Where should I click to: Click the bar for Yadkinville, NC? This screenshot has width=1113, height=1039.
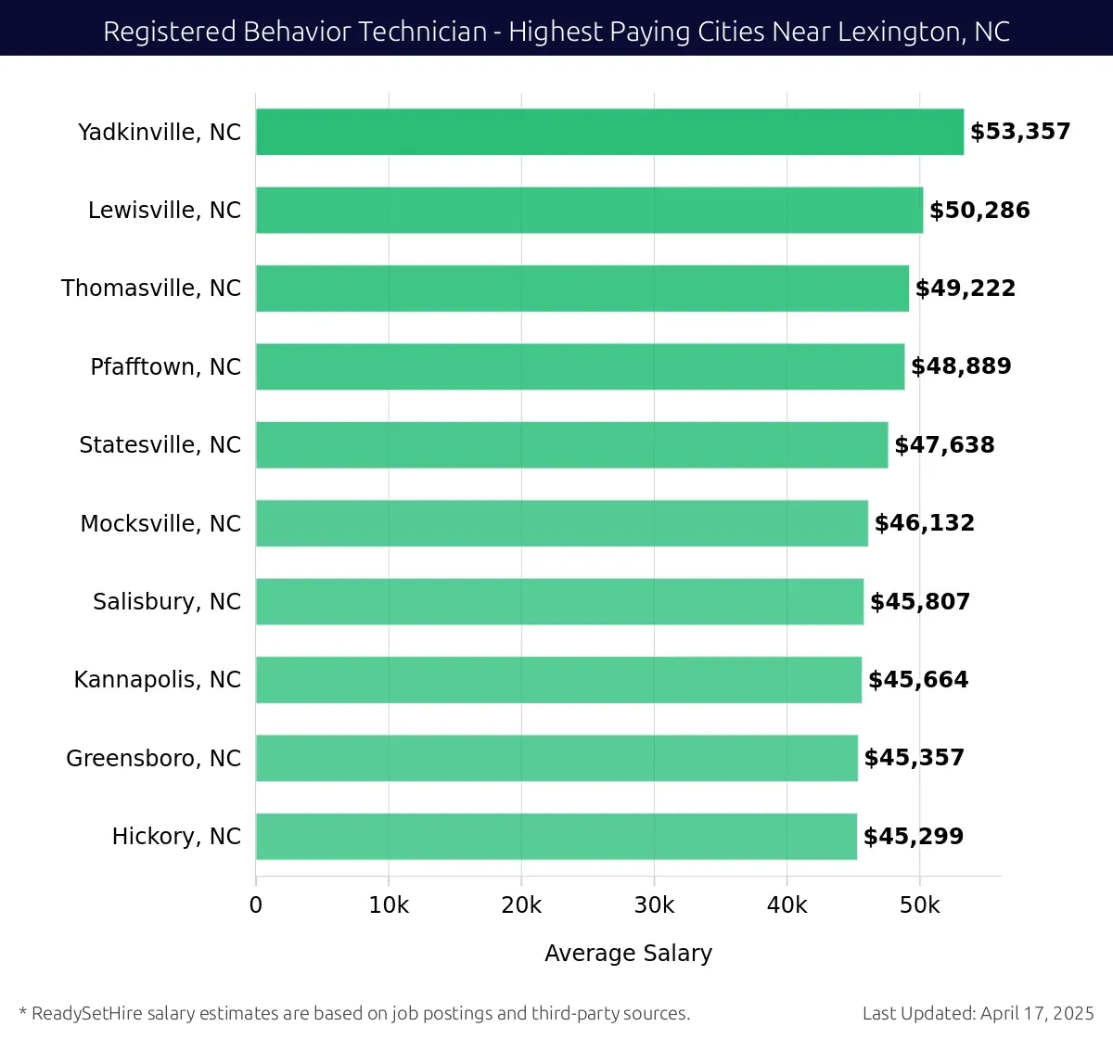tap(609, 132)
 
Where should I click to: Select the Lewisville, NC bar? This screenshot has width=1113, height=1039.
tap(589, 210)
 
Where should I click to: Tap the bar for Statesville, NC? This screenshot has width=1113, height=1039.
tap(571, 444)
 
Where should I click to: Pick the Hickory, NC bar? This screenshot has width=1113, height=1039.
tap(556, 836)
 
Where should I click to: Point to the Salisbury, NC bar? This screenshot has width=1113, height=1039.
tap(559, 601)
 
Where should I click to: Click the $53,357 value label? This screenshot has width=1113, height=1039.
tap(1020, 132)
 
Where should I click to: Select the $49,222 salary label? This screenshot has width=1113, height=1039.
tap(966, 289)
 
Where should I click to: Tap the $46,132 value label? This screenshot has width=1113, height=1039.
tap(925, 523)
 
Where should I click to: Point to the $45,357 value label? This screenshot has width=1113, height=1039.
tap(914, 758)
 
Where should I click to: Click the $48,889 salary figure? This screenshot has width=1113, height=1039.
tap(961, 366)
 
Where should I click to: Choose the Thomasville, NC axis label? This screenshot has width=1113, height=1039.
tap(151, 289)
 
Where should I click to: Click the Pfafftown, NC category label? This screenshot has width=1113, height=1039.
tap(165, 367)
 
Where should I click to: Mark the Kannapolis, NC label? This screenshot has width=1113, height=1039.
tap(158, 680)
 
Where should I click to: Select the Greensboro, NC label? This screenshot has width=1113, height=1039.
tap(153, 759)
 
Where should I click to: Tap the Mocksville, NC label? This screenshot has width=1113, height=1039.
tap(160, 524)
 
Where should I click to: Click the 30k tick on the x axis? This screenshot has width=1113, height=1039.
tap(654, 905)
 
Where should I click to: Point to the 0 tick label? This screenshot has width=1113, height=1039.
tap(256, 905)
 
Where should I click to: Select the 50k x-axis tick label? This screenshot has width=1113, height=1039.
tap(919, 905)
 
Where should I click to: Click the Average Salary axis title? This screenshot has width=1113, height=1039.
tap(628, 954)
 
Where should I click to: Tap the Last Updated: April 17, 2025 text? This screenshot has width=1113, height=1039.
tap(978, 1013)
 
